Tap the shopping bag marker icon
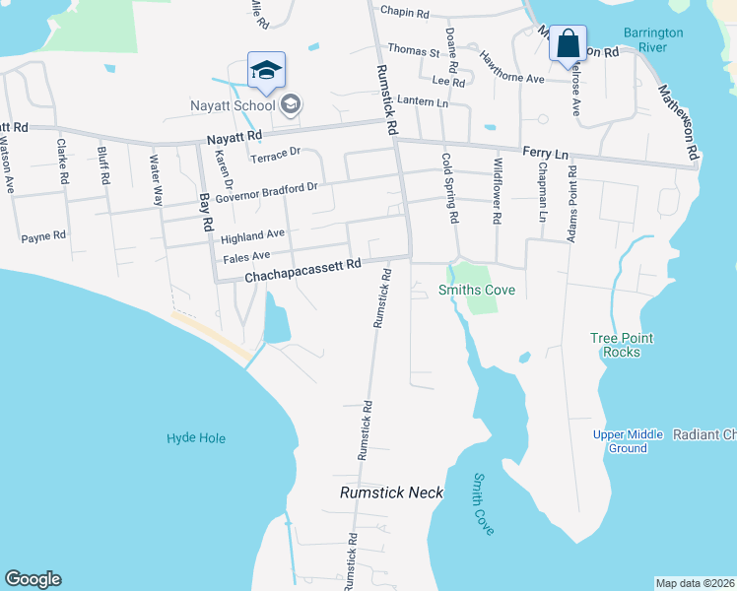coord(568,44)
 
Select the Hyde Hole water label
coord(196,438)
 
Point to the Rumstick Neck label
coord(391,492)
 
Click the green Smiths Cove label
coord(477,291)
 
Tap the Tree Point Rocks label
coord(622,345)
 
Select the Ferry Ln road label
coord(547,154)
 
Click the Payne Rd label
coord(43,236)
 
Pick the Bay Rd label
coord(206,212)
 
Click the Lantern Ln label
coord(427,102)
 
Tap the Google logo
coord(33,579)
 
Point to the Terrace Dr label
coord(275,155)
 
